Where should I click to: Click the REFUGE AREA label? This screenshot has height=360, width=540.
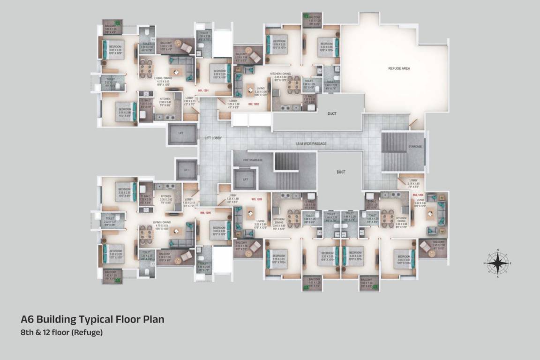399,68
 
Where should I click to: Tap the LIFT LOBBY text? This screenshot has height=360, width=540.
212,138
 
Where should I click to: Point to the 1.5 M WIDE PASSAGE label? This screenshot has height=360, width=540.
311,143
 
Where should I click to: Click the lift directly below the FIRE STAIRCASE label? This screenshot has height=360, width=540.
245,179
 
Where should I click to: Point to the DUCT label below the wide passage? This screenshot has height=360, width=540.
340,172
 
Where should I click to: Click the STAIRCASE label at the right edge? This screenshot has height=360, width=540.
415,146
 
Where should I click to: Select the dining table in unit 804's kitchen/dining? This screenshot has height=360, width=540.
387,218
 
